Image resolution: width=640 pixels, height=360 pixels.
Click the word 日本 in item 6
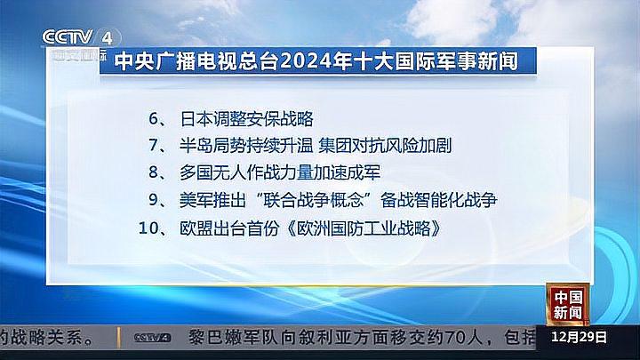tap(193, 117)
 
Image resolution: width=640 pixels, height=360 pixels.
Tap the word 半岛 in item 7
tap(193, 145)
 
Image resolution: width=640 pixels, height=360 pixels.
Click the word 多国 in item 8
tap(193, 172)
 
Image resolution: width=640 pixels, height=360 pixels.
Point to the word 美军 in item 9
tap(193, 200)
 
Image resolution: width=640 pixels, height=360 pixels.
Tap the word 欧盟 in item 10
tap(193, 228)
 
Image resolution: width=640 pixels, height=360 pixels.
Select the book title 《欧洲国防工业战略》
tap(364, 228)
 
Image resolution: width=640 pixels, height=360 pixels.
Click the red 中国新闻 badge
tap(566, 305)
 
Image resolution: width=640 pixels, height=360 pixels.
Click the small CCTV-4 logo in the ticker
tap(152, 338)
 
